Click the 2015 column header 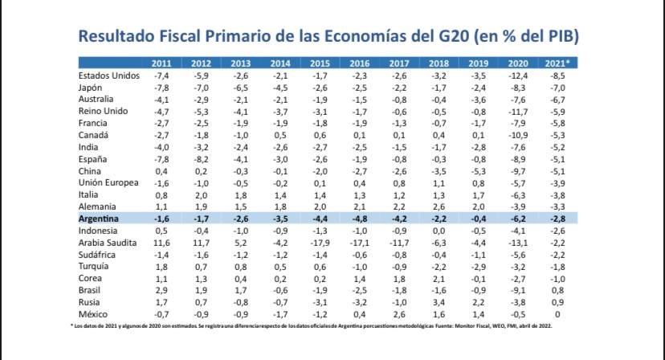319,63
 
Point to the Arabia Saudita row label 112,242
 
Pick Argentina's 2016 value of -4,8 359,218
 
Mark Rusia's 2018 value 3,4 439,301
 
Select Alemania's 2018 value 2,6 439,206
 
